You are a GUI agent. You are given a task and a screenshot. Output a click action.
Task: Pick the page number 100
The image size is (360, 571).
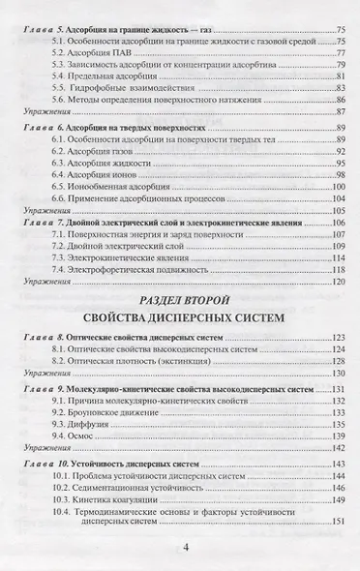tap(338, 186)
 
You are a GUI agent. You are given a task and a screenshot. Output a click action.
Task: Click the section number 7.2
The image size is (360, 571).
tap(62, 248)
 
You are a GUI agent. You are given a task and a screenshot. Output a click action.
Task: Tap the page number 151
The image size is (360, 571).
tap(338, 524)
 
